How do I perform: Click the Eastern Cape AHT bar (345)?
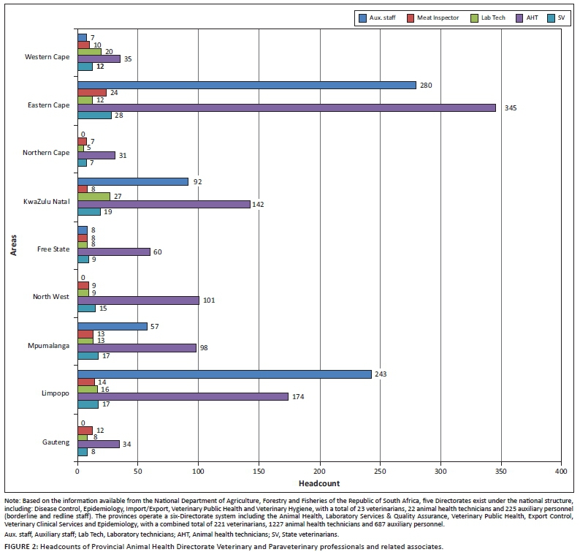pos(286,107)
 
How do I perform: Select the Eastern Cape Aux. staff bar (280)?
pos(246,85)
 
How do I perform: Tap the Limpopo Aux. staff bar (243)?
pos(224,374)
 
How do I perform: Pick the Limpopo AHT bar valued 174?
pos(183,396)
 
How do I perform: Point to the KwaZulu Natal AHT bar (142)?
pos(164,203)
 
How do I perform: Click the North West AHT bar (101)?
pos(138,300)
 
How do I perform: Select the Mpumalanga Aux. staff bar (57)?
pos(112,326)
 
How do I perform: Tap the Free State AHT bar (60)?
pos(113,252)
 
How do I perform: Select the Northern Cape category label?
pos(46,153)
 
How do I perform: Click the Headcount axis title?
pos(319,484)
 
